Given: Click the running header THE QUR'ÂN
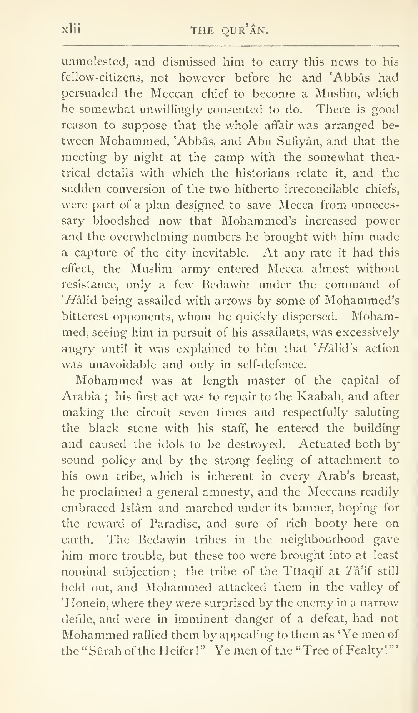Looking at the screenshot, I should (x=229, y=31).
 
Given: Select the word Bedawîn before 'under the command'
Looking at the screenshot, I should (x=227, y=285).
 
